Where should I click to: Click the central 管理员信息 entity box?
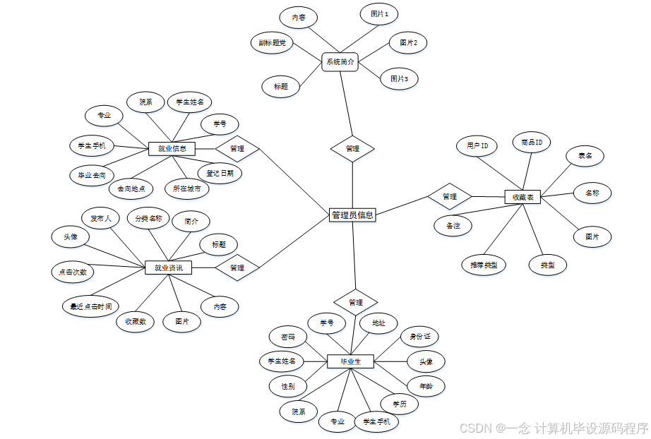pyautogui.click(x=352, y=215)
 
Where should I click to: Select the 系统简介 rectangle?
pyautogui.click(x=340, y=62)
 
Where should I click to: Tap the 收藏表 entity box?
pyautogui.click(x=522, y=198)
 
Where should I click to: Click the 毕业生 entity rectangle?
pyautogui.click(x=350, y=361)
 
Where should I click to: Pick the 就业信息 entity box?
pyautogui.click(x=172, y=149)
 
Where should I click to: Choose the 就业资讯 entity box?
pyautogui.click(x=168, y=268)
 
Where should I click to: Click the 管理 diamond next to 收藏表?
pyautogui.click(x=449, y=196)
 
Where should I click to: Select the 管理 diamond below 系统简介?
pyautogui.click(x=352, y=149)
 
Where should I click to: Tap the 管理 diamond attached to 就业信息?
pyautogui.click(x=237, y=149)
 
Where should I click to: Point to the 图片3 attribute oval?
pyautogui.click(x=399, y=79)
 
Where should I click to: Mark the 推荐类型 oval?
pyautogui.click(x=484, y=265)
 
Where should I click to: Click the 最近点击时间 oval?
pyautogui.click(x=90, y=306)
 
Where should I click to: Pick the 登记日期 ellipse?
pyautogui.click(x=225, y=172)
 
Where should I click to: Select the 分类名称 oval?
pyautogui.click(x=149, y=219)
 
